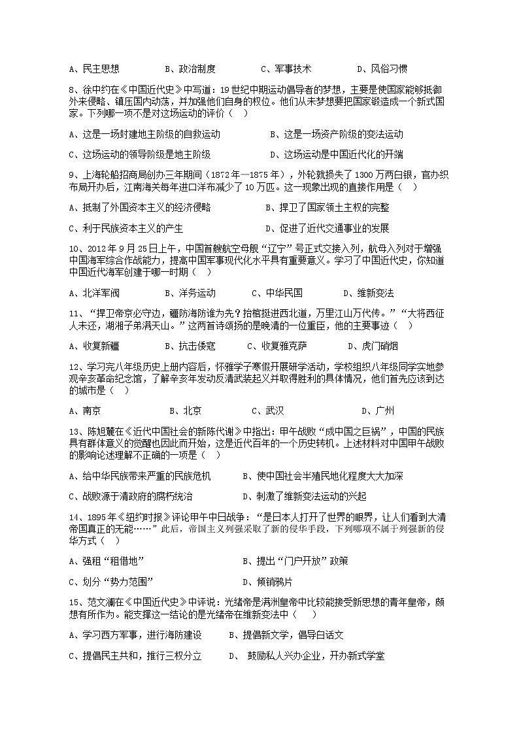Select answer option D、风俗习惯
pyautogui.click(x=382, y=69)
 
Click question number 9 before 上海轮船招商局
pyautogui.click(x=72, y=175)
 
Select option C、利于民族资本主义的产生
pyautogui.click(x=126, y=228)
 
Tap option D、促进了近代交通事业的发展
pyautogui.click(x=327, y=228)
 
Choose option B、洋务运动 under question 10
pyautogui.click(x=190, y=293)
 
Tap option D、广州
pyautogui.click(x=378, y=411)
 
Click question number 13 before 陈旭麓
pyautogui.click(x=75, y=432)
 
